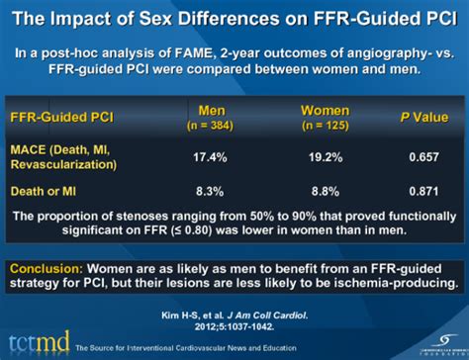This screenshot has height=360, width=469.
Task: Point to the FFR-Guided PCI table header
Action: coord(61,117)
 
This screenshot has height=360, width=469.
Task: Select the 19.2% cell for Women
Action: coord(316,155)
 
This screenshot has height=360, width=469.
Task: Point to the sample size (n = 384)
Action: coord(218,125)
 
